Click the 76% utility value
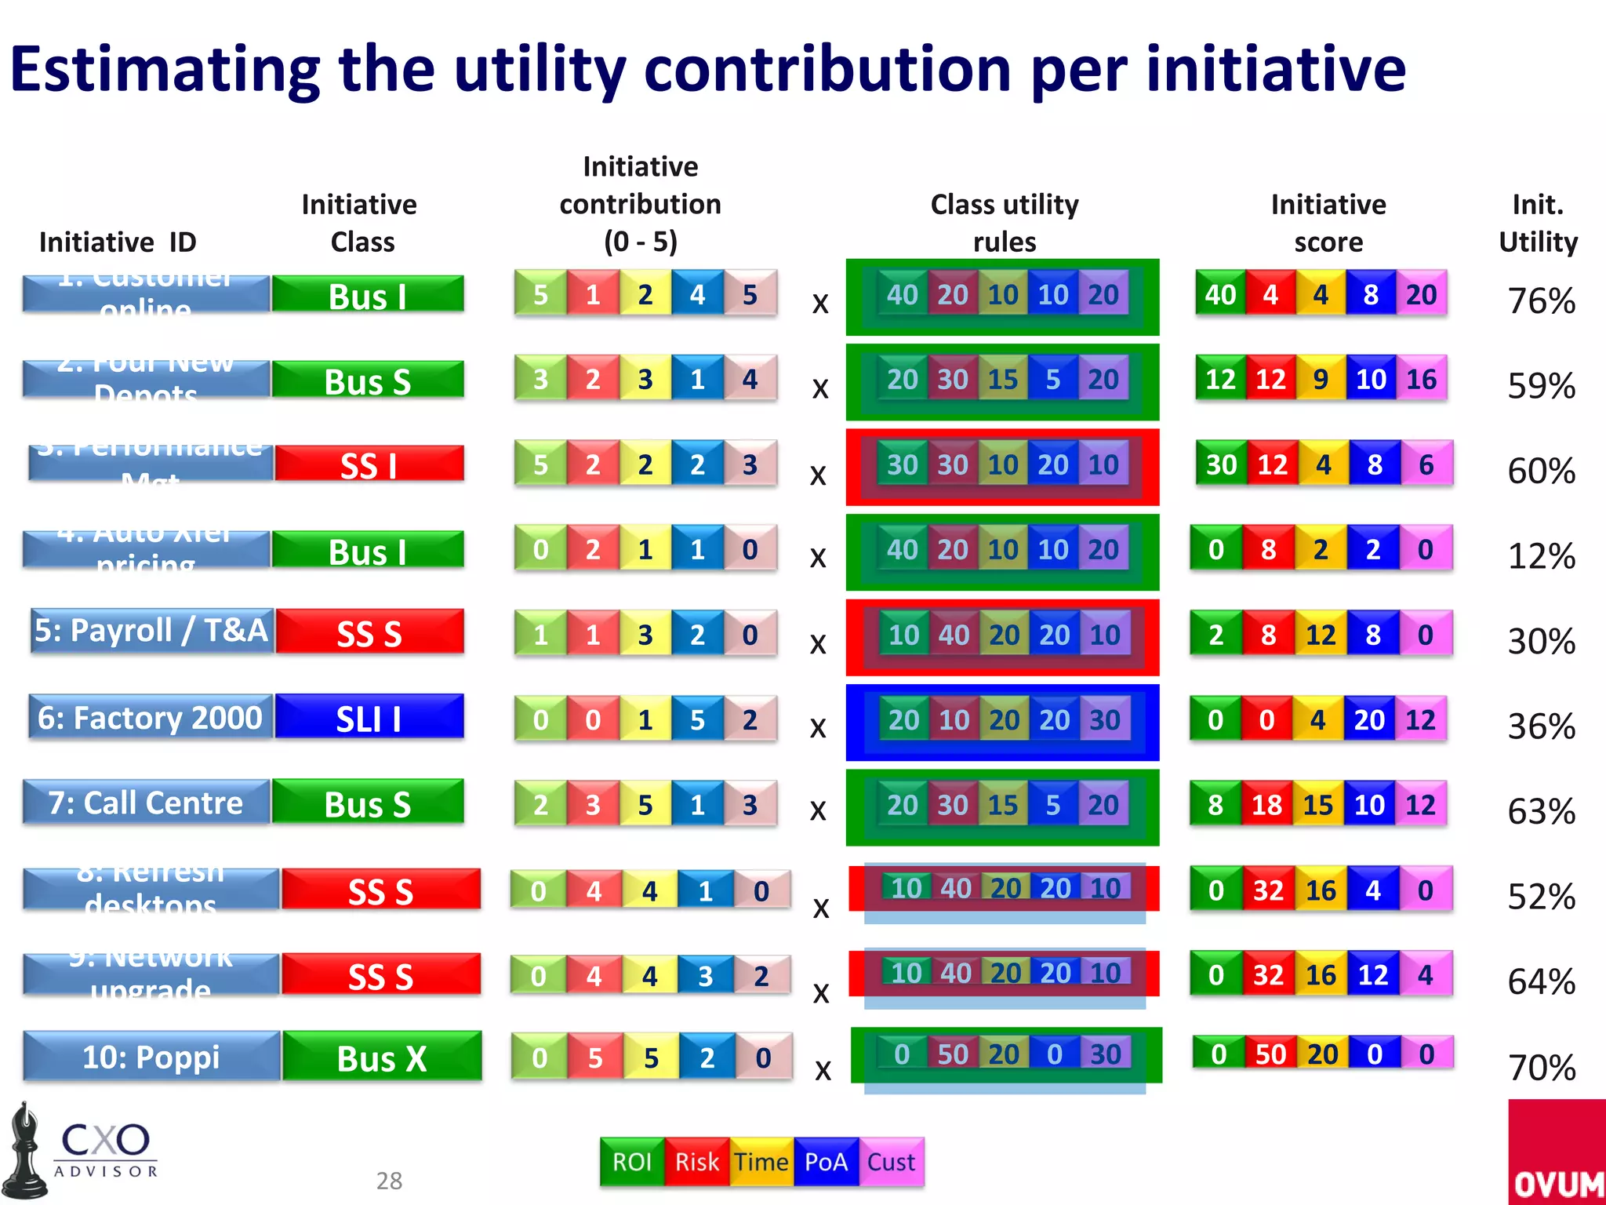(1541, 301)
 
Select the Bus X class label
(382, 1058)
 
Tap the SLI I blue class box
(369, 718)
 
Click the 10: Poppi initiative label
(151, 1057)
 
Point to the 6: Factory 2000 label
(150, 717)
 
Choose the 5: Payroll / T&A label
(151, 631)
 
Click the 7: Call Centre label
(146, 803)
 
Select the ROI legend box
(632, 1162)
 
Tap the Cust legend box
(892, 1162)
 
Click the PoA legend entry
(826, 1162)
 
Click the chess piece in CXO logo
(25, 1152)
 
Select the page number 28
(389, 1181)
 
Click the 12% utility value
(1541, 556)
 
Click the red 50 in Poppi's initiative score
(1270, 1054)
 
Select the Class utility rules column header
(1004, 223)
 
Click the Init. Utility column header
(1538, 223)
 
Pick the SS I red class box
(369, 464)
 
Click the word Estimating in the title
(165, 69)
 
